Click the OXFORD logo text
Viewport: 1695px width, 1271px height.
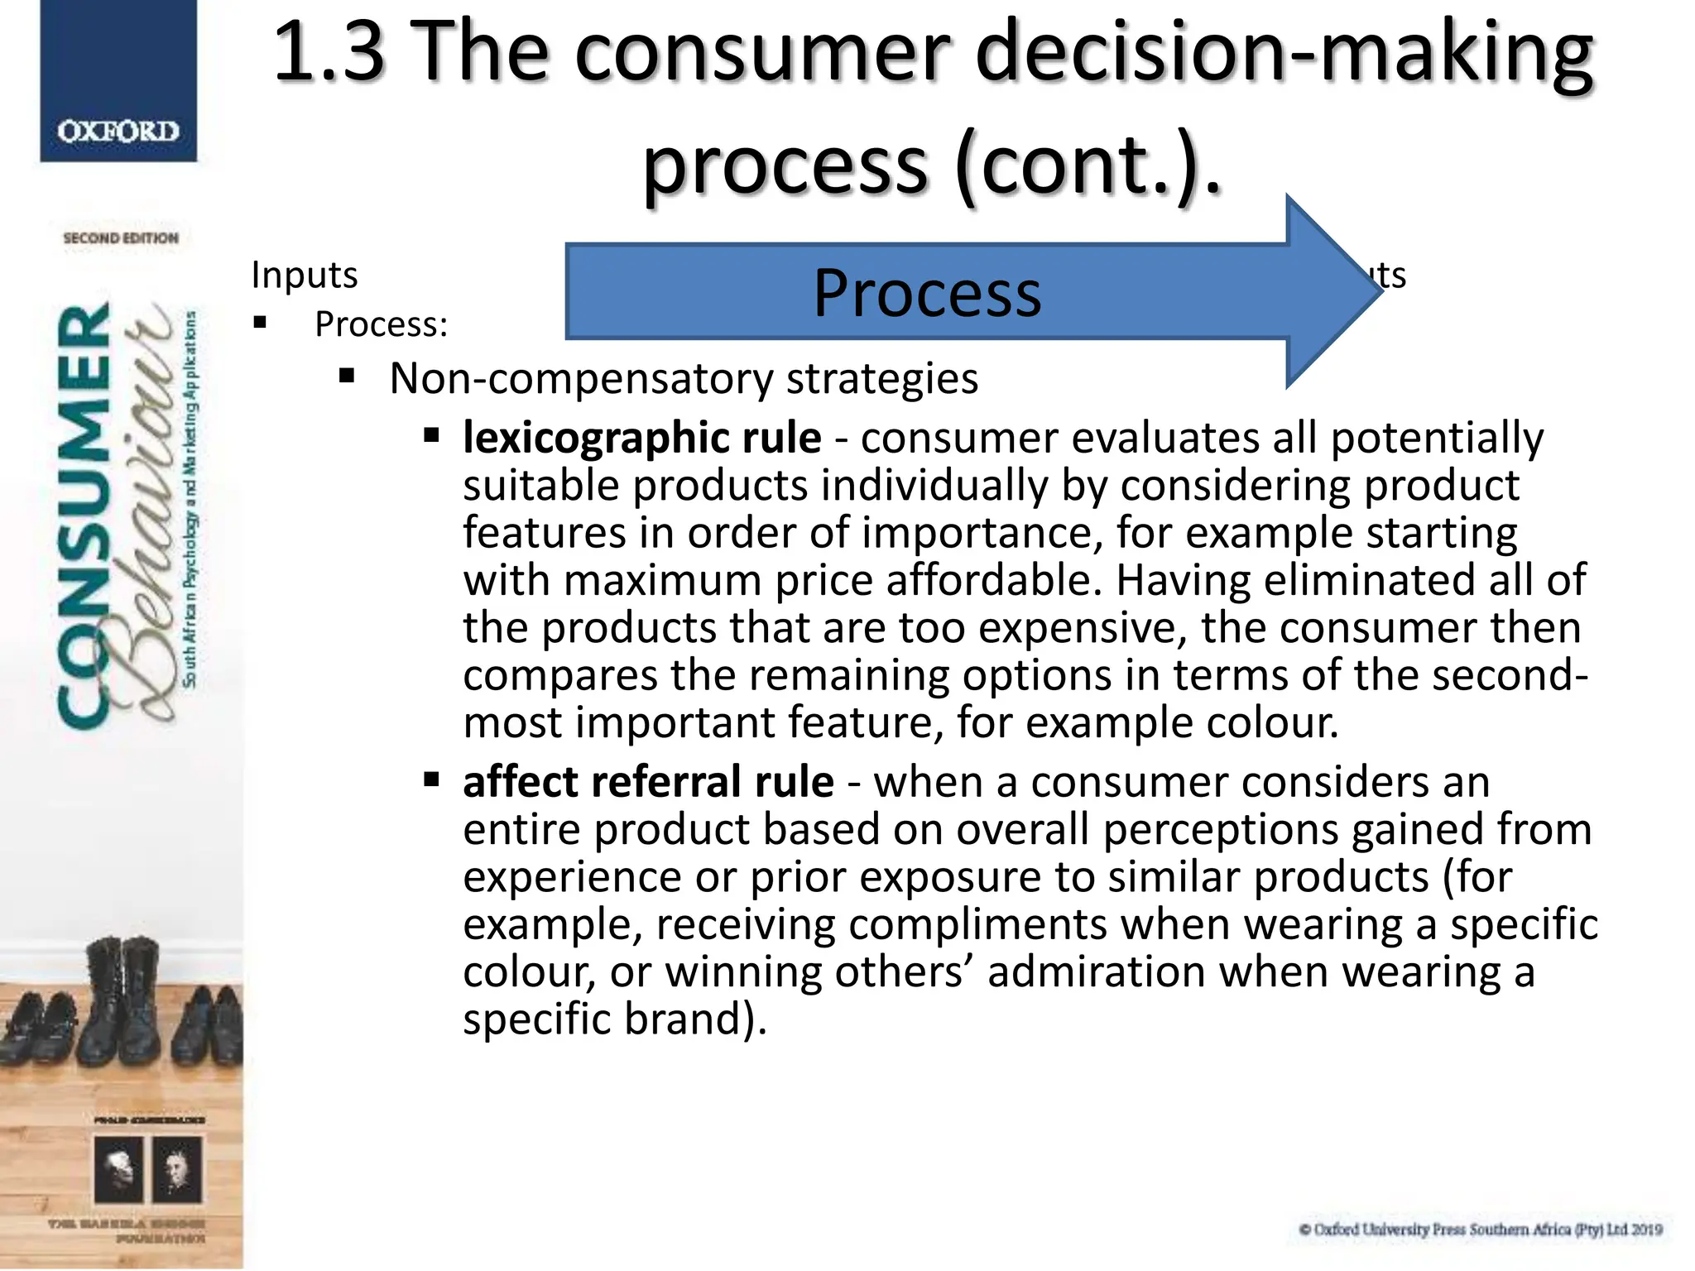click(x=118, y=132)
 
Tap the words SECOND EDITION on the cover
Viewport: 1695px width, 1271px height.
click(x=121, y=238)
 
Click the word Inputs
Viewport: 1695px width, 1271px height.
click(x=304, y=275)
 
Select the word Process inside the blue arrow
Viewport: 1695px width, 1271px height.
click(x=927, y=294)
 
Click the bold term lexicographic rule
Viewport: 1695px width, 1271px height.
click(x=641, y=438)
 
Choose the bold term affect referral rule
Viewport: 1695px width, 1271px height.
click(x=648, y=782)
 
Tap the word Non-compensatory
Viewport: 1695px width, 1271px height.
click(x=580, y=379)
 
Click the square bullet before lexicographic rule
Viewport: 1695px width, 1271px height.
click(x=431, y=436)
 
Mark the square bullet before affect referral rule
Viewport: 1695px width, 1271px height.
click(x=431, y=779)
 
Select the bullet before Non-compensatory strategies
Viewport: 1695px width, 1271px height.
click(x=347, y=377)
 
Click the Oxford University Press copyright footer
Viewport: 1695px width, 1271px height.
click(x=1480, y=1230)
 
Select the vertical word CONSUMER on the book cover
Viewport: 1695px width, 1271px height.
click(x=84, y=517)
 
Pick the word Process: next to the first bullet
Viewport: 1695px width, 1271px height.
click(x=381, y=324)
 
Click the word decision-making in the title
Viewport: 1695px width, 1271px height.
click(x=1284, y=54)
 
